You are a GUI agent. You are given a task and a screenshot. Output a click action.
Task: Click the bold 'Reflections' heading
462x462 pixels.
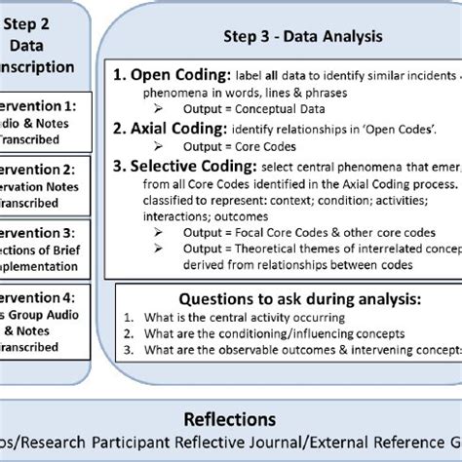(231, 418)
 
